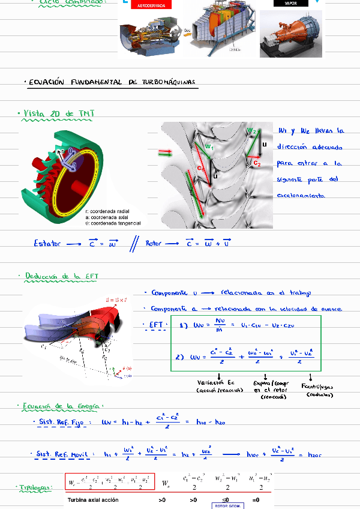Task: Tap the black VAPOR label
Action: [x=290, y=3]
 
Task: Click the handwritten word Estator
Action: [x=47, y=243]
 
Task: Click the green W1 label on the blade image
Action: [x=209, y=146]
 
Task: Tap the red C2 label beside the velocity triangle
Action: [x=257, y=162]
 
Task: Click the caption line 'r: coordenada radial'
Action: [x=107, y=211]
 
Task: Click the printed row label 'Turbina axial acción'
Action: [x=93, y=500]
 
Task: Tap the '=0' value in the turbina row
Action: [x=256, y=499]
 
